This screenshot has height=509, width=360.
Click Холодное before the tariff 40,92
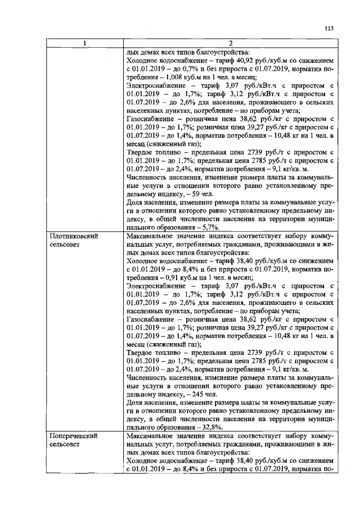(x=144, y=61)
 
